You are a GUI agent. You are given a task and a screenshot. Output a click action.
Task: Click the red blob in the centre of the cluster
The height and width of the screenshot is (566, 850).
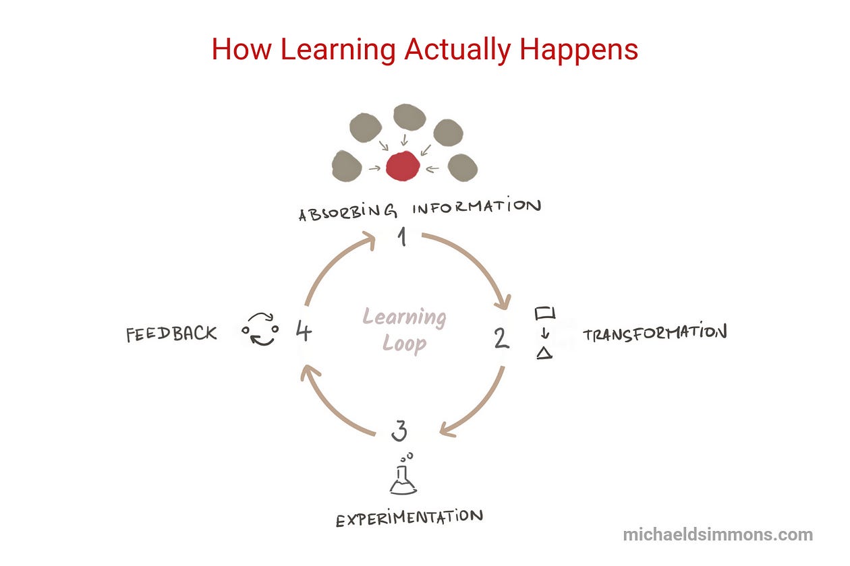pos(403,166)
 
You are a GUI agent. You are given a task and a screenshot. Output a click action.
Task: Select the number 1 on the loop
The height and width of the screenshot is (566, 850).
pos(403,237)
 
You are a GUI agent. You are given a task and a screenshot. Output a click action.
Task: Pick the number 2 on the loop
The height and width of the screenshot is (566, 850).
pos(501,338)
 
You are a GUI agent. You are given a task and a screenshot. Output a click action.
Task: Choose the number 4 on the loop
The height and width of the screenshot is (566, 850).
pos(304,332)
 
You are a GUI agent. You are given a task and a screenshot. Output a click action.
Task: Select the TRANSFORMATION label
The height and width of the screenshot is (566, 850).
pos(654,333)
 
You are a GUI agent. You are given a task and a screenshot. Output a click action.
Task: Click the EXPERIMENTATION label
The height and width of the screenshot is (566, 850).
pos(409,518)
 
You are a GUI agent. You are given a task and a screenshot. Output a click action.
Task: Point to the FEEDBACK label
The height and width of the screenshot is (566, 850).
pos(171,334)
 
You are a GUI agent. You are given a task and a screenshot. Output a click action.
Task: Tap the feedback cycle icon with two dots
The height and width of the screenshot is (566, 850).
pos(260,329)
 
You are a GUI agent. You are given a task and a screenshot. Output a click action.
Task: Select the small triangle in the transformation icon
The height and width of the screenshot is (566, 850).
pos(544,352)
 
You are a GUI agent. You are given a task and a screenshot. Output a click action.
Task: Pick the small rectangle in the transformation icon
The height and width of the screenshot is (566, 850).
pos(545,313)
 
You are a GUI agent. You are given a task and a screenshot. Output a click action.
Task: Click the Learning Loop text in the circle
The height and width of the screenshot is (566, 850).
pos(405,330)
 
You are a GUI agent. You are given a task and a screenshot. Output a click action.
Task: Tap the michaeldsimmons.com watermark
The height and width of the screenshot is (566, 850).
pos(718,535)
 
